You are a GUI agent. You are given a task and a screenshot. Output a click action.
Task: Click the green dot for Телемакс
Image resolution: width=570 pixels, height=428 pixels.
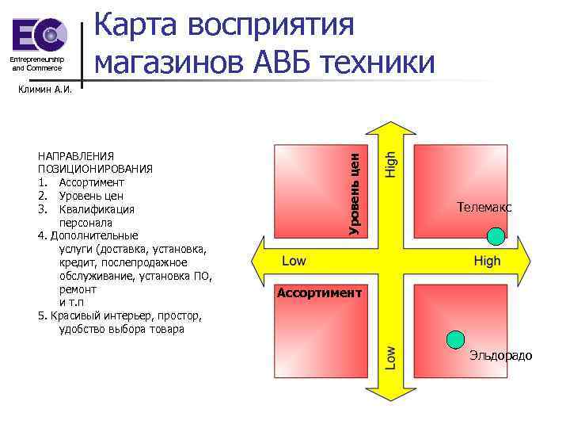tap(496, 235)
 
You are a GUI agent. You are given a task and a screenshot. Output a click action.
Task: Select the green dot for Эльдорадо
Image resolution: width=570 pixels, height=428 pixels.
tap(455, 340)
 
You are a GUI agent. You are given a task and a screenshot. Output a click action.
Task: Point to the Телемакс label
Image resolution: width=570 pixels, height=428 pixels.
tap(484, 208)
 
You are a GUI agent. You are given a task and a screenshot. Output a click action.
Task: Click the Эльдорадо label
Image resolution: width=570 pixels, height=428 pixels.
tap(500, 355)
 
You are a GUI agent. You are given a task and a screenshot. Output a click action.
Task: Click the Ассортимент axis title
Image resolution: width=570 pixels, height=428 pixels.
tap(319, 293)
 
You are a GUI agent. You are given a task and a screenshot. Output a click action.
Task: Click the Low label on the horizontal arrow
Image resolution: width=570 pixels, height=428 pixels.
tap(294, 262)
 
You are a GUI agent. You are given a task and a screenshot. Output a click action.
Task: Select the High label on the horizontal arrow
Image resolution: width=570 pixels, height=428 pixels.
tap(487, 262)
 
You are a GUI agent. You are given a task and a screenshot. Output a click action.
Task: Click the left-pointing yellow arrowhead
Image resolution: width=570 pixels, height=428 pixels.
tap(260, 262)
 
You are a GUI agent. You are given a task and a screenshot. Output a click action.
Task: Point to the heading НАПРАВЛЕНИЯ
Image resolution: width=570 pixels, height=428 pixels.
tap(76, 156)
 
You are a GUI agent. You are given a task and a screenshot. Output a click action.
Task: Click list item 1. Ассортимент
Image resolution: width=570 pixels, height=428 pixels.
tap(80, 182)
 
